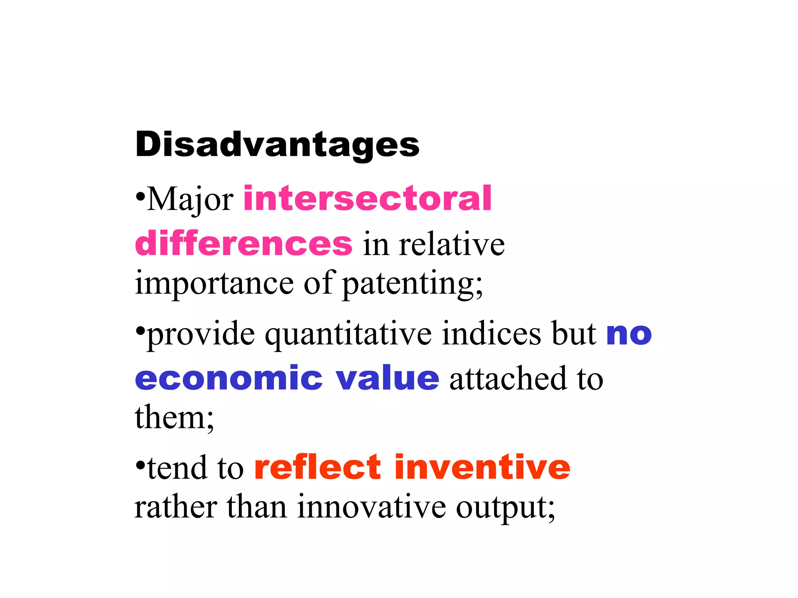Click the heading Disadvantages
click(277, 145)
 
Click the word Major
click(190, 200)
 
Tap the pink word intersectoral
click(367, 199)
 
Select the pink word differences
click(244, 244)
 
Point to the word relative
click(452, 244)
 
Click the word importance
click(214, 283)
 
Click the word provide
click(201, 334)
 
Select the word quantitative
click(348, 334)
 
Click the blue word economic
click(229, 378)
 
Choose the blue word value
click(388, 378)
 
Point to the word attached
click(508, 378)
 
